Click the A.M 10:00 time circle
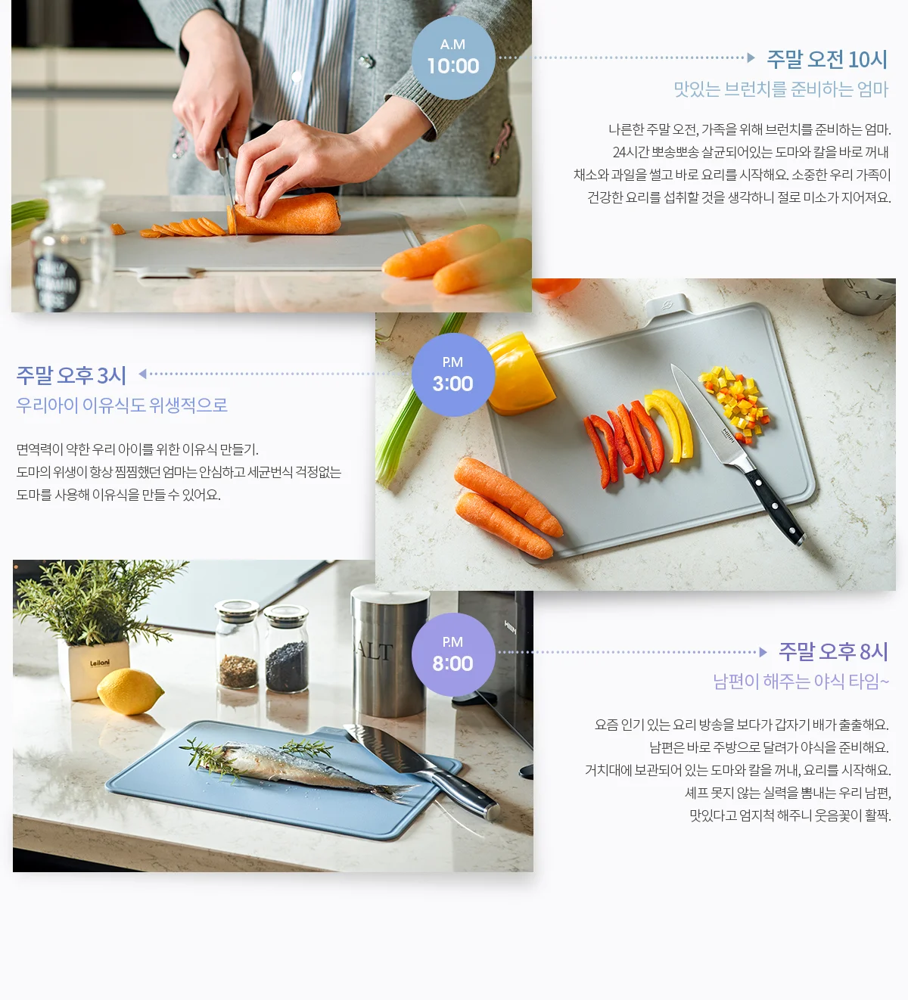point(453,57)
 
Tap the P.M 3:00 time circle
point(453,375)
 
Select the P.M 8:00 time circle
point(453,654)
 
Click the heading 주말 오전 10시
point(827,60)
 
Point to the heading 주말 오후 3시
point(71,375)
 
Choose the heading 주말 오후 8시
point(833,651)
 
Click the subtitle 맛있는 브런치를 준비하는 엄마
point(781,89)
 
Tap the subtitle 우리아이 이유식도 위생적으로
point(122,405)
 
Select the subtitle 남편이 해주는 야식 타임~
point(801,681)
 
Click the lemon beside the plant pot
point(129,691)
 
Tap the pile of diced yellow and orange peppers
point(735,403)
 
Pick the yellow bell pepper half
point(520,374)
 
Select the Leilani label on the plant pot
point(100,663)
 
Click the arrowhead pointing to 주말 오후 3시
point(143,374)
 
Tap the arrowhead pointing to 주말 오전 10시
point(751,57)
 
